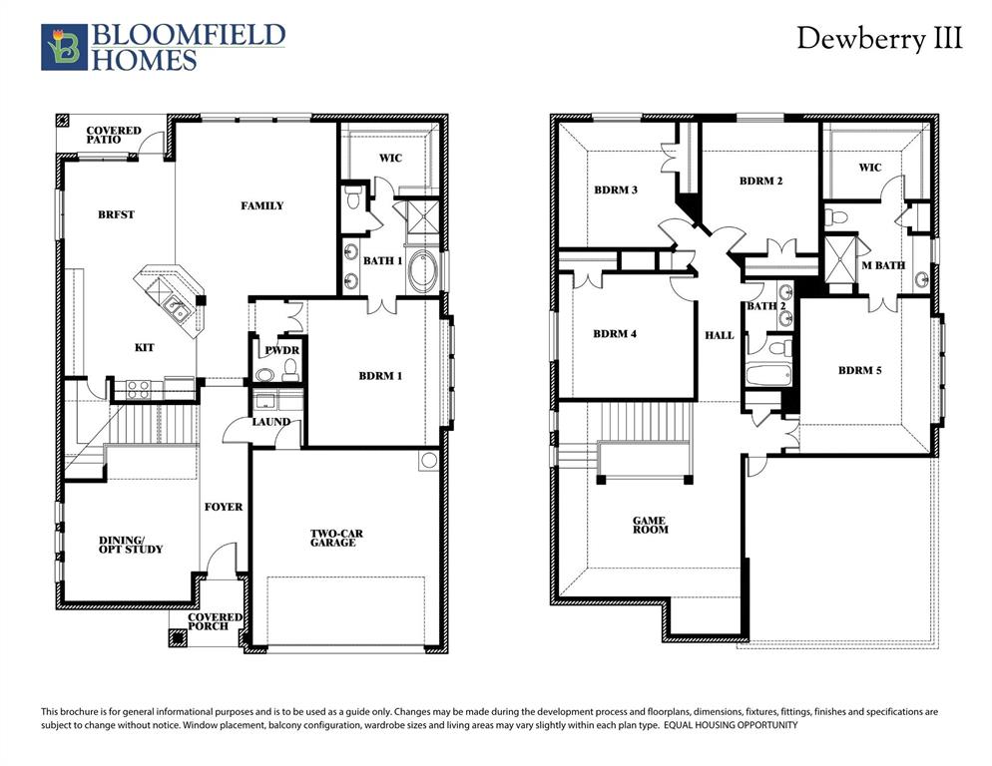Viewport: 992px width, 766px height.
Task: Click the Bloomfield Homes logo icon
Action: (62, 48)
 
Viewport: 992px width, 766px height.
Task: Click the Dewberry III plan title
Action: (879, 39)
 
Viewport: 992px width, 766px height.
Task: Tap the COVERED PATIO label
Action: (114, 135)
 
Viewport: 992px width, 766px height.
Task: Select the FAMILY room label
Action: (262, 205)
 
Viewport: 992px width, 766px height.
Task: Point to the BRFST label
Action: (116, 214)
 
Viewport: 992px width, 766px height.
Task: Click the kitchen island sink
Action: (178, 308)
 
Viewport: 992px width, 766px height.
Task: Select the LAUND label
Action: (271, 422)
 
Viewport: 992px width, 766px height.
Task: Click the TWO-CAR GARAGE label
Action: (336, 538)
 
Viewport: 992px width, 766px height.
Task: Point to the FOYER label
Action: (224, 507)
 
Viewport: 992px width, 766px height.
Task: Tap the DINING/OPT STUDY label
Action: (131, 545)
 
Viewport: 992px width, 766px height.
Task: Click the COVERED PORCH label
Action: (216, 621)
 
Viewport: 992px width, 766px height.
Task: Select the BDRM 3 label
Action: (616, 189)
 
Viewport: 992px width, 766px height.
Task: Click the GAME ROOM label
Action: (651, 525)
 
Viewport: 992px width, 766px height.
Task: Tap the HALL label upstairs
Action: (719, 335)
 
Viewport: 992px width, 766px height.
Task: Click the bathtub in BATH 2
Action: (768, 377)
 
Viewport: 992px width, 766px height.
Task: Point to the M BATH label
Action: (883, 264)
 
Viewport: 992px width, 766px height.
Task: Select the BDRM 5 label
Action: (860, 370)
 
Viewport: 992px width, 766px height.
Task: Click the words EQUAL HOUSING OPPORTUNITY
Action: (732, 725)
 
